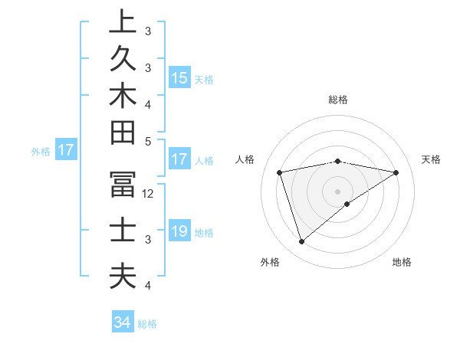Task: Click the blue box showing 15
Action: pyautogui.click(x=179, y=77)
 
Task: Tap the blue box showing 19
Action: pyautogui.click(x=179, y=231)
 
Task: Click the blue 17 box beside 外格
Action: pyautogui.click(x=66, y=150)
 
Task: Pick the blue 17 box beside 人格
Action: pyautogui.click(x=179, y=160)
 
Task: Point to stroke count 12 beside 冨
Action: pyautogui.click(x=149, y=194)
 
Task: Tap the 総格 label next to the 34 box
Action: pyautogui.click(x=147, y=324)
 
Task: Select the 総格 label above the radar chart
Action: pyautogui.click(x=337, y=100)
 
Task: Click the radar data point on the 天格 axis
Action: pyautogui.click(x=396, y=172)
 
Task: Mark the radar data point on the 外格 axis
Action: pyautogui.click(x=301, y=242)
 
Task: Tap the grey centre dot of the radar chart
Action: pyautogui.click(x=337, y=191)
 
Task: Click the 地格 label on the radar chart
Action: pyautogui.click(x=402, y=262)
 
